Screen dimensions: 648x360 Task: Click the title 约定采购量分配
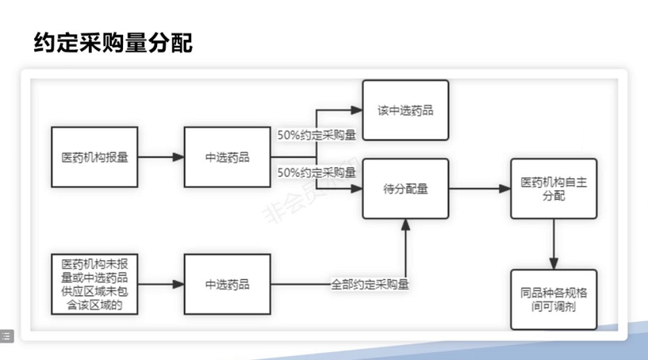pos(113,43)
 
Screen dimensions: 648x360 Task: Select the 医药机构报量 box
pos(94,157)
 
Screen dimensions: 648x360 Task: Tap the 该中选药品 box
pos(405,110)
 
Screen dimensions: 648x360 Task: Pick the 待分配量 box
pos(405,189)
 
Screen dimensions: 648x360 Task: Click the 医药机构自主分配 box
pos(554,189)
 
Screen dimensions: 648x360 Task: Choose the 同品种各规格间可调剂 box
pos(554,300)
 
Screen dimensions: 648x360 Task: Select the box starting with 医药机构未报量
pos(94,285)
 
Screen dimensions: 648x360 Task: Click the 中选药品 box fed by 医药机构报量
pos(228,157)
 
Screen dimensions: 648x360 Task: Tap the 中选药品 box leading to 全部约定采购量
pos(228,285)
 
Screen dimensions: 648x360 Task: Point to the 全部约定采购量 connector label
pos(370,285)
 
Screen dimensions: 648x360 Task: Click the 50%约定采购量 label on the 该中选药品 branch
pos(316,135)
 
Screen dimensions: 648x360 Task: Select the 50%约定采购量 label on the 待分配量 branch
pos(316,172)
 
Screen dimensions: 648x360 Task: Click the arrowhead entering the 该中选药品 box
pos(357,110)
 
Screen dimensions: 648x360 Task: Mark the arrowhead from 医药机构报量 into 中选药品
pos(178,157)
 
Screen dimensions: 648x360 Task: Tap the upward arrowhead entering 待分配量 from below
pos(405,225)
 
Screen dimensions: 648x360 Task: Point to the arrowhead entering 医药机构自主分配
pos(505,189)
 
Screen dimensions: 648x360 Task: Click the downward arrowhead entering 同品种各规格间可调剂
pos(554,264)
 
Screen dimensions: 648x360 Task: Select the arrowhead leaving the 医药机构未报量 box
pos(178,285)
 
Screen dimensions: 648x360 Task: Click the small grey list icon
pos(6,336)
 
